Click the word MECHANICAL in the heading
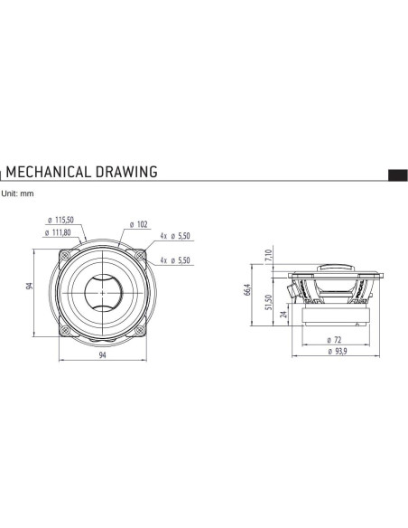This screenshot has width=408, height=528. click(49, 172)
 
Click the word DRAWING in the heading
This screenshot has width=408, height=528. click(126, 172)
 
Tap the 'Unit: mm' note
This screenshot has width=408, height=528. click(17, 193)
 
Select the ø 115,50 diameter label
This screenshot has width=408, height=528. click(60, 220)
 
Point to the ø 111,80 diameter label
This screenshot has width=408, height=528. click(58, 232)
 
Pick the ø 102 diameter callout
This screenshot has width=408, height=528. click(139, 224)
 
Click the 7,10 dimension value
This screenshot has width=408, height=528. click(268, 256)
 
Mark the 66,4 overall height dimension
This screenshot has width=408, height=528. click(247, 290)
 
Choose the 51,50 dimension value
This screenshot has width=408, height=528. click(268, 302)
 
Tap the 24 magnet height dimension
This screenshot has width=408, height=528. click(284, 314)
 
